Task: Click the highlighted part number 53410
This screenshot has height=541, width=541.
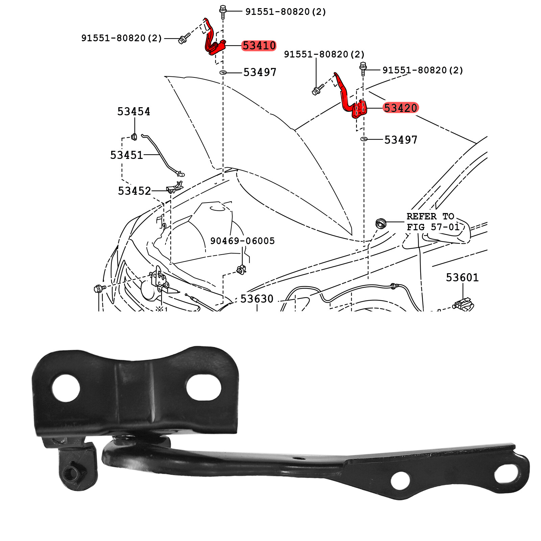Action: (259, 45)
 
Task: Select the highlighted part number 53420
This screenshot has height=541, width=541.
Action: (401, 108)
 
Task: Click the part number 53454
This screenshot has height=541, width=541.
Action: (134, 111)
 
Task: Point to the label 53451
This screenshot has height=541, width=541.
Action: (126, 155)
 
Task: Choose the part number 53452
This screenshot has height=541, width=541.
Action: (134, 191)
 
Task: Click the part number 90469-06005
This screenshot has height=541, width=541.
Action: (242, 241)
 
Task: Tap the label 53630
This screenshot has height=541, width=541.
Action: (257, 299)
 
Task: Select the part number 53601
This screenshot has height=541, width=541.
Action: (462, 277)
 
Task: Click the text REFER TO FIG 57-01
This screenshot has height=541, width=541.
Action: (433, 221)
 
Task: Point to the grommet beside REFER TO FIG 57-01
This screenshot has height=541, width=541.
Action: (381, 223)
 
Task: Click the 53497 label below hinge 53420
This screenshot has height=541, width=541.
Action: (401, 140)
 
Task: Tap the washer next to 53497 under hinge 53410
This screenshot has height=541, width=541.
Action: (223, 72)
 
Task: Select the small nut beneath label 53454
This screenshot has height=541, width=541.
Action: (134, 137)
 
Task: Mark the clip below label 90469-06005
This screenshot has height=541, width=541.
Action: (241, 270)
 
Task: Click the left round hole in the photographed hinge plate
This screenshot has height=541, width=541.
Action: (66, 388)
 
